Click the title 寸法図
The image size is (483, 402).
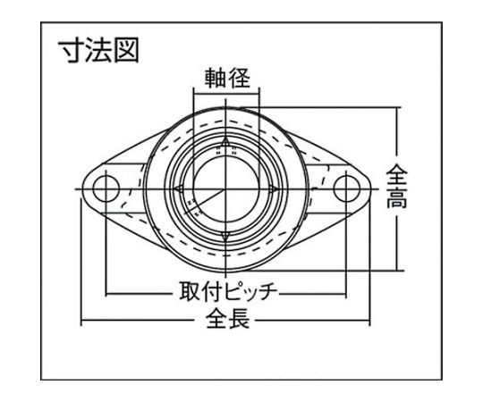point(98,51)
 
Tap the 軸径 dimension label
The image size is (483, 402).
point(227,78)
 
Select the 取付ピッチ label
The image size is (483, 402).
point(229,291)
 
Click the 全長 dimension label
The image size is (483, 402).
point(228,318)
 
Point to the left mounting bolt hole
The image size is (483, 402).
point(106,188)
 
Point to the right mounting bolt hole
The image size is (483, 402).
point(346,188)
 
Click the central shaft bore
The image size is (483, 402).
point(225,188)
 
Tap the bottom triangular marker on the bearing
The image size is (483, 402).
point(225,237)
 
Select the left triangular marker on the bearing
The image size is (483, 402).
point(179,188)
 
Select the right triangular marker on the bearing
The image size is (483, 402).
point(272,188)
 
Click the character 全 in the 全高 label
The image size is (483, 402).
point(397,175)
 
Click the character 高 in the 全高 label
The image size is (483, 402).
point(397,197)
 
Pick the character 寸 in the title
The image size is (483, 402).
point(72,51)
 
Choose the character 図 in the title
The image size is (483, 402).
point(126,51)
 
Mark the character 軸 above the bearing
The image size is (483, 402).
point(216,78)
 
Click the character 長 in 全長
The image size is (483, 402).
point(239,318)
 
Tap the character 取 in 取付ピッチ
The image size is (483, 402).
point(191,291)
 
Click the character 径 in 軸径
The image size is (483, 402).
point(239,78)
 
